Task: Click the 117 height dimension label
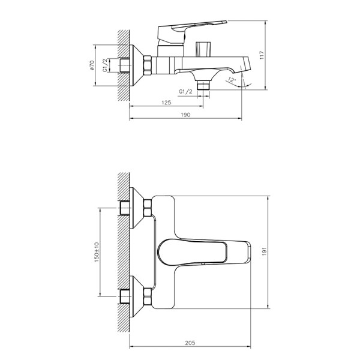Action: coord(262,55)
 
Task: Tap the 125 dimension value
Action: coord(166,103)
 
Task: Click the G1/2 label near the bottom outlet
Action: coord(186,91)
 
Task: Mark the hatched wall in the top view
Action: coord(124,252)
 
